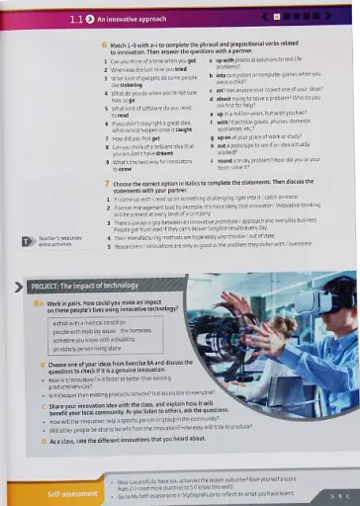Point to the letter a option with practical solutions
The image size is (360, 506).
tap(267, 63)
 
